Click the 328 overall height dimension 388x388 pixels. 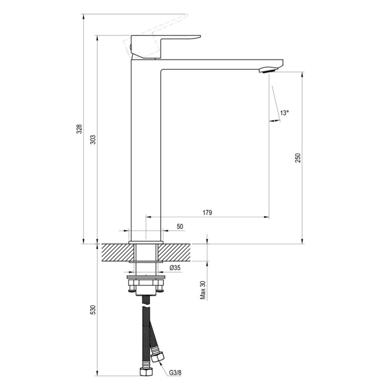click(x=80, y=129)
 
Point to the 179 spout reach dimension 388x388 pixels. click(x=208, y=212)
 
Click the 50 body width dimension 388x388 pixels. click(x=180, y=227)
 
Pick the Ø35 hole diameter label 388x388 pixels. click(x=175, y=268)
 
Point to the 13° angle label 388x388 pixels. click(x=284, y=113)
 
